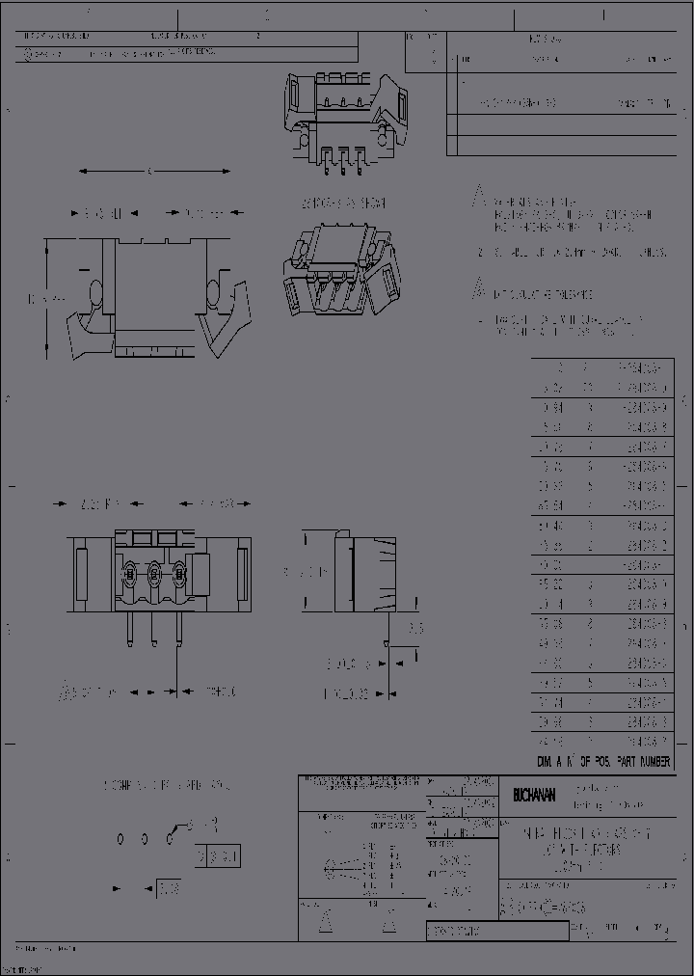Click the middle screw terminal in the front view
coord(153,572)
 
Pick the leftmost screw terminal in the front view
coord(129,572)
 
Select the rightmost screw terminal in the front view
coord(178,572)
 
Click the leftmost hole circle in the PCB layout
coord(120,839)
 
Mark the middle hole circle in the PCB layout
coord(145,839)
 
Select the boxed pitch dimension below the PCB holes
coord(169,886)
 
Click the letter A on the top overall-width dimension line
coord(149,172)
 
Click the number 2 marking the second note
coord(479,253)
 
